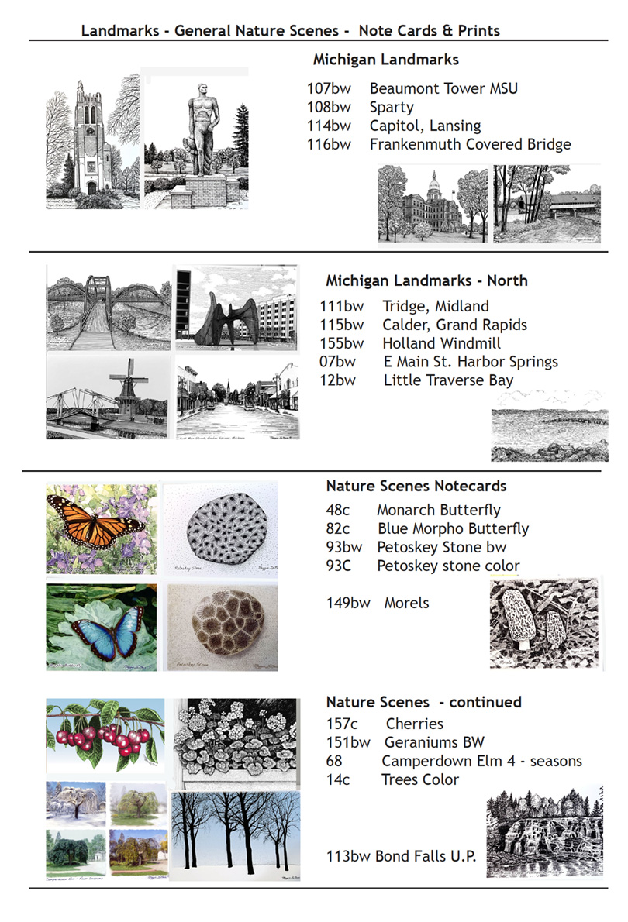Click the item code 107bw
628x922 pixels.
tap(330, 88)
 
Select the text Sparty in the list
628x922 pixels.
tap(392, 108)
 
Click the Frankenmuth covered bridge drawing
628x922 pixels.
tap(547, 205)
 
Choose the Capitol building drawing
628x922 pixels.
tap(433, 205)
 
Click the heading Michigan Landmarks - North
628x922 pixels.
tap(426, 280)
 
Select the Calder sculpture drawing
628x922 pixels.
tap(235, 308)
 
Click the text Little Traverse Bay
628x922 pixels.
tap(448, 380)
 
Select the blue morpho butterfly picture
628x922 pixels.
tap(101, 628)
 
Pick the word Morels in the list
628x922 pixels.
tap(406, 603)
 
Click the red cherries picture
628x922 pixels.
tap(105, 735)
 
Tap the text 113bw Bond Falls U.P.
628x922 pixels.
tap(400, 857)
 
